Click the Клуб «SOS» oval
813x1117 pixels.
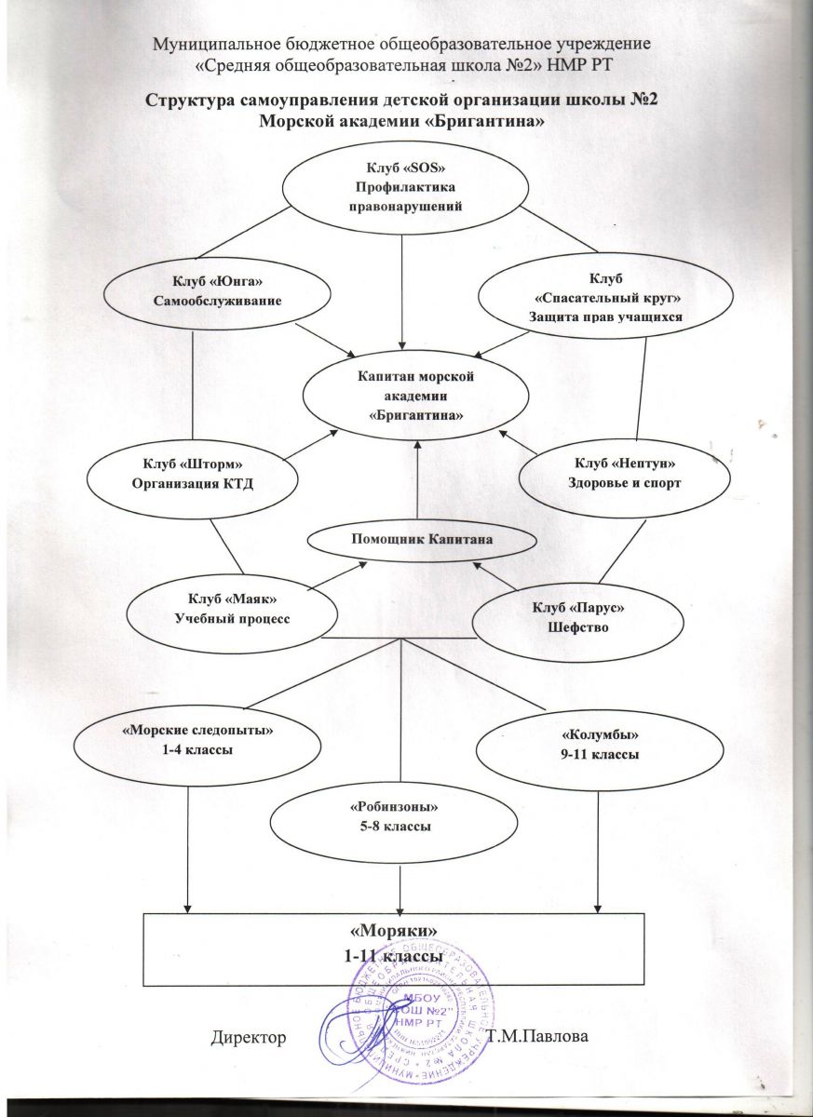tap(403, 187)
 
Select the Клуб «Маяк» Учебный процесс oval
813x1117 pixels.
tap(232, 610)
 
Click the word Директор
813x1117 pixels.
tap(248, 1036)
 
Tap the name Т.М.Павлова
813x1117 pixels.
tap(544, 1037)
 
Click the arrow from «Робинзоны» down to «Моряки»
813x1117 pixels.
tap(400, 884)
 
